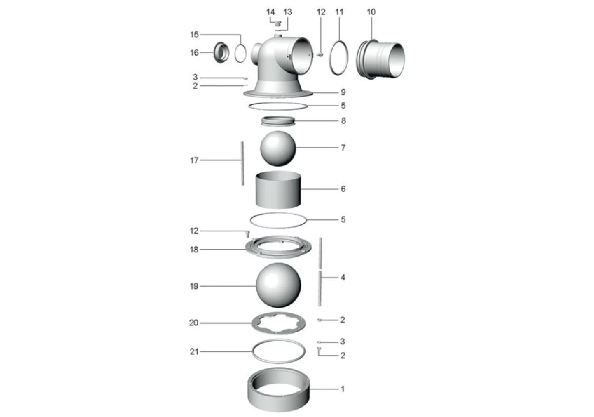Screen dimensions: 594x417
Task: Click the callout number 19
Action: point(194,286)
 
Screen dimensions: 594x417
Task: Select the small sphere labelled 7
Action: point(278,149)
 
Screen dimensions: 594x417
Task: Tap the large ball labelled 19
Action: point(278,285)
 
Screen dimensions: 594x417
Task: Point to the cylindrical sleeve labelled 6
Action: point(278,190)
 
